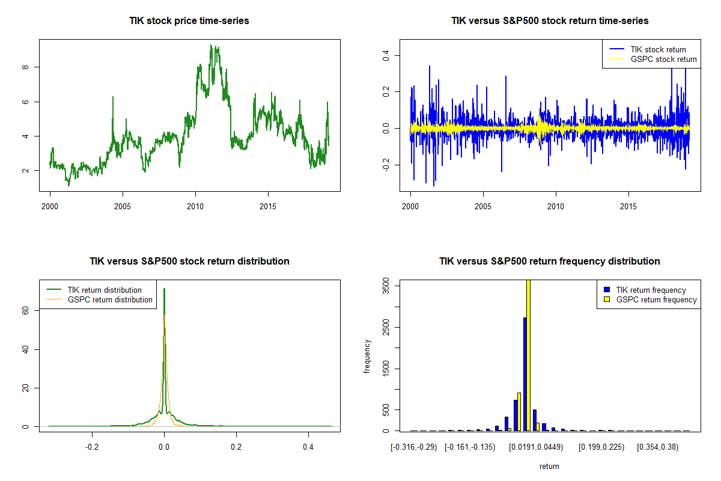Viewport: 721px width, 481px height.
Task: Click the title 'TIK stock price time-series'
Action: point(189,21)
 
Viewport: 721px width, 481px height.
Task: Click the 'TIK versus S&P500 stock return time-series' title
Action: point(550,21)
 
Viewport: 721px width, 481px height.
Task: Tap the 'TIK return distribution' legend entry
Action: point(105,290)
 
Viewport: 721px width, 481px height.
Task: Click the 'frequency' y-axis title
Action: point(368,356)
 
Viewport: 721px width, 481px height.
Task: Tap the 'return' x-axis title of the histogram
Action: point(549,466)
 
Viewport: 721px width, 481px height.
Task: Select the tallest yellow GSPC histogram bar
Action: point(528,355)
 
